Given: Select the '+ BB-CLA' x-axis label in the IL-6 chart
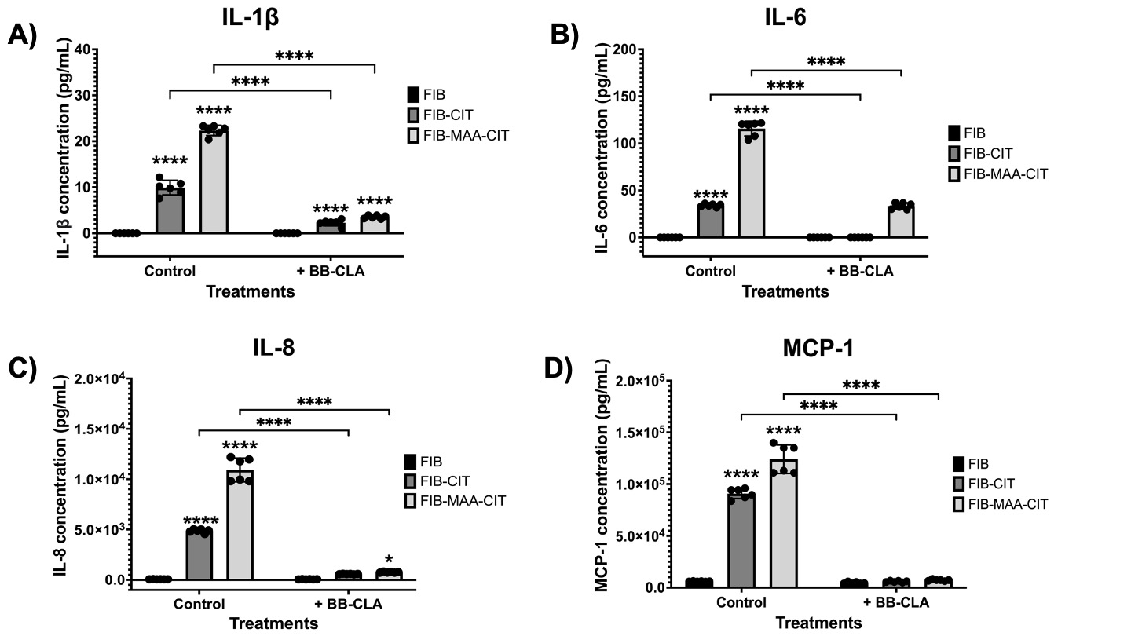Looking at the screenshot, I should (861, 272).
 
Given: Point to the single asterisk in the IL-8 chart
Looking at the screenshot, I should (389, 559).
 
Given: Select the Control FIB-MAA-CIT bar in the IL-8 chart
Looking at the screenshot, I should (240, 525).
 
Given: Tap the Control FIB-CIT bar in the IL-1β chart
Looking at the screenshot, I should (170, 210).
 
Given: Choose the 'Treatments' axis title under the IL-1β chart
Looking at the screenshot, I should (251, 292).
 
